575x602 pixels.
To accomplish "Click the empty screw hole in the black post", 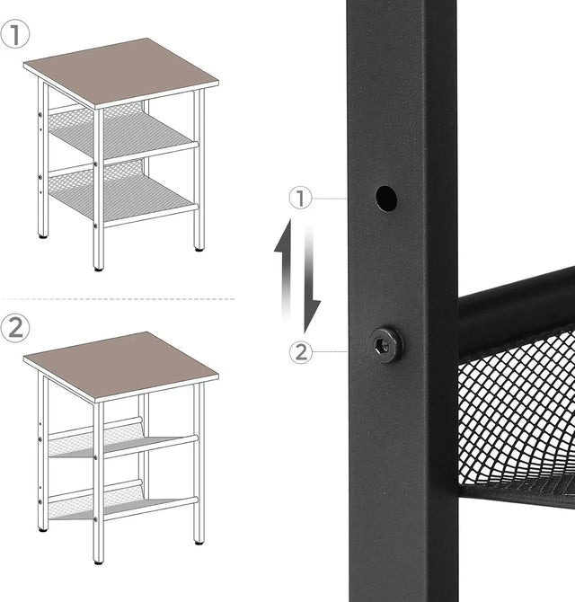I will (x=386, y=198).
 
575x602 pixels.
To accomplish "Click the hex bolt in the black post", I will (x=386, y=343).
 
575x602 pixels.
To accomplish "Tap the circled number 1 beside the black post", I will (x=301, y=198).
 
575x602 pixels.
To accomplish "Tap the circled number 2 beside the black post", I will (x=301, y=352).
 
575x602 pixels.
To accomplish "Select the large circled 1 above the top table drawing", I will (x=15, y=35).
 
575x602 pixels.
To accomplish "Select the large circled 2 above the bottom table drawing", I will (x=15, y=327).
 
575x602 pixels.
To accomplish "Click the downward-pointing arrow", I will (x=310, y=279).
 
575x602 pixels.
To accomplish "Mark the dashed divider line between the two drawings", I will (x=117, y=298).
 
